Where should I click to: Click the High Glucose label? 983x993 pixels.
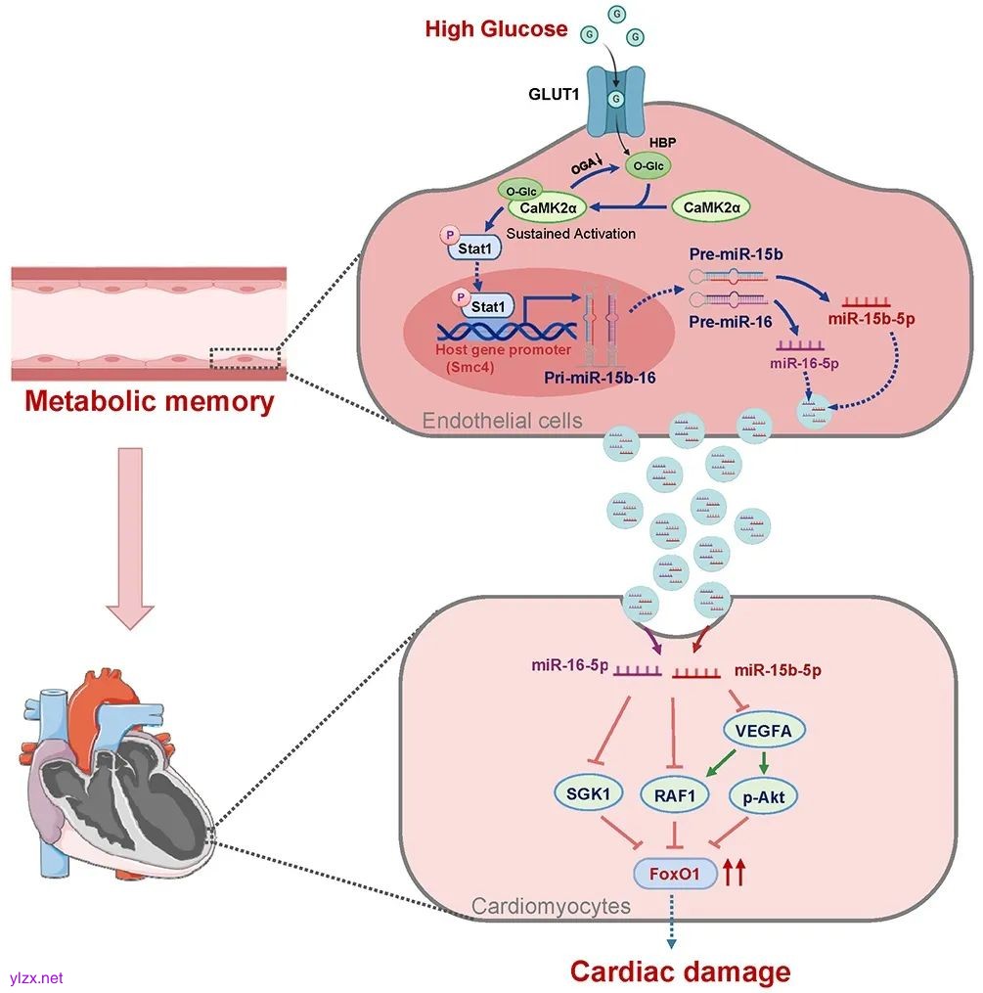(x=496, y=29)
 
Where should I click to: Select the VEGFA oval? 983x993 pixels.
(x=757, y=729)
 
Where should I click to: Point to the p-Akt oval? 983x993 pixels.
(x=764, y=796)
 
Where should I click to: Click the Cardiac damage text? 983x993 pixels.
(x=680, y=971)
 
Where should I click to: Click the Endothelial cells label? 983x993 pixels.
(x=502, y=421)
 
